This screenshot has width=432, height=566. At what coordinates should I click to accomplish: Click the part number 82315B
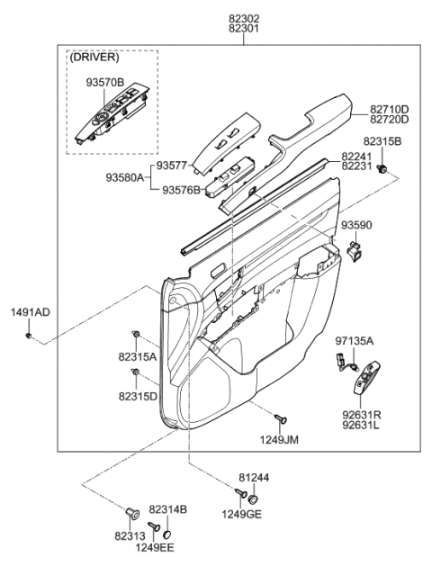(x=383, y=142)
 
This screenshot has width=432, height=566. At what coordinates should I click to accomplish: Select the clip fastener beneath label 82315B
(x=383, y=169)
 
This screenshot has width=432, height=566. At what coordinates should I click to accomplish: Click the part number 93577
(x=172, y=166)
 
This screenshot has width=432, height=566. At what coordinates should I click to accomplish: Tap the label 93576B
(x=181, y=190)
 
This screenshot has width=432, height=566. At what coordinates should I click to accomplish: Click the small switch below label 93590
(x=356, y=247)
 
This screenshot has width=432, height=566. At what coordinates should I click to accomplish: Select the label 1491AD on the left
(x=30, y=312)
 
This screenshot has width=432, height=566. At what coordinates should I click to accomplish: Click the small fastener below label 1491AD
(x=30, y=336)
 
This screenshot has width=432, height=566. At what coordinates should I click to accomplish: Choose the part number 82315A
(x=137, y=357)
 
